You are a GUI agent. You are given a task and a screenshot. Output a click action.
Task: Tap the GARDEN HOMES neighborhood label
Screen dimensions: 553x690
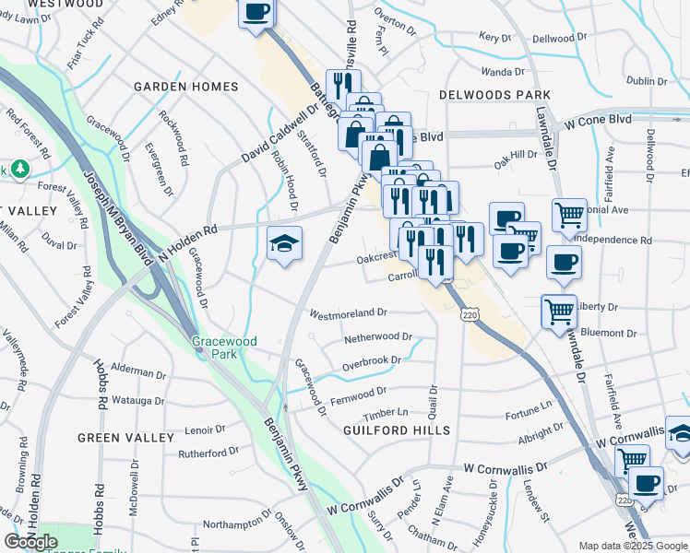185,87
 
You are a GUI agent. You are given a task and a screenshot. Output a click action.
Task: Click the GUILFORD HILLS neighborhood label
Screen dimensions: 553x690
397,430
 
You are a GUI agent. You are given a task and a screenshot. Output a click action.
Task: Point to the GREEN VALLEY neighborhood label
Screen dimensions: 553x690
125,437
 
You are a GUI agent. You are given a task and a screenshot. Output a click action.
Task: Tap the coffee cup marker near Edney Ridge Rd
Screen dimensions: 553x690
257,13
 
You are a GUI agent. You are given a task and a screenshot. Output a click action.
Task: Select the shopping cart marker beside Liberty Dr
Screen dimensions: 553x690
559,311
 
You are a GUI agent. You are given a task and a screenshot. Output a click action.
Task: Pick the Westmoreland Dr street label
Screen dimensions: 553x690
348,313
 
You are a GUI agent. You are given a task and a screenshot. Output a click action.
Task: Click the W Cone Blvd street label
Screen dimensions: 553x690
598,121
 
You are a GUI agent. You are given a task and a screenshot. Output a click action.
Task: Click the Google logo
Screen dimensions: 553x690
31,542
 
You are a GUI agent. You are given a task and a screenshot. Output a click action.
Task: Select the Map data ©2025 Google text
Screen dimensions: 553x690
632,546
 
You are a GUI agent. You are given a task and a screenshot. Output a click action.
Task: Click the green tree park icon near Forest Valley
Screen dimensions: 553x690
18,170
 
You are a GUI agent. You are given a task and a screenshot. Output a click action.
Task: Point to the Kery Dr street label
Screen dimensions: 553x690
494,38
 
